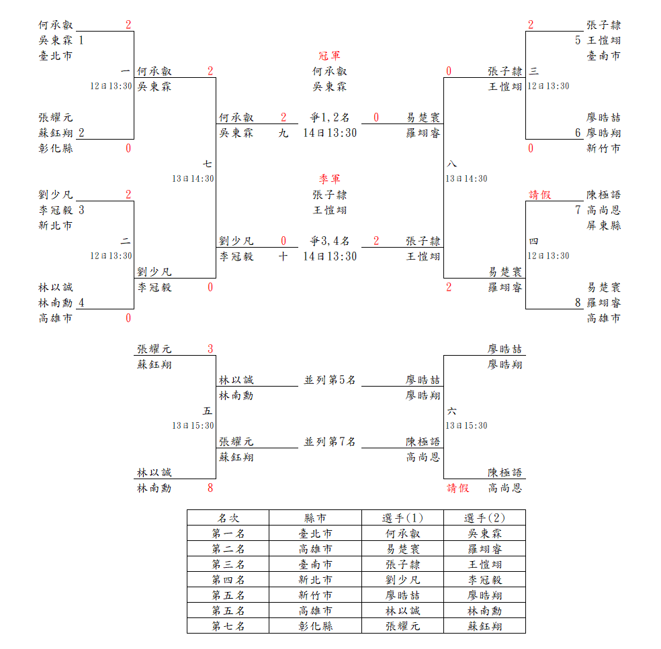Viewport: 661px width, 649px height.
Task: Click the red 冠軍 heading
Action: click(329, 56)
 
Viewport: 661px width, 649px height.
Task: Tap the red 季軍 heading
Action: click(329, 179)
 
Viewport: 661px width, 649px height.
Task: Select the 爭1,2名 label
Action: click(329, 117)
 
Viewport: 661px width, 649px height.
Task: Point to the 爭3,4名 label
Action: click(329, 241)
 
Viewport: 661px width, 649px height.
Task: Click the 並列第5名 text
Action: click(329, 381)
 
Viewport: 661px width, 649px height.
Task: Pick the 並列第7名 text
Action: click(329, 442)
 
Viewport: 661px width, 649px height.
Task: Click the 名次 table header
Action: click(228, 518)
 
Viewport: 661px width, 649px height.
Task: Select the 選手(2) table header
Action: click(484, 518)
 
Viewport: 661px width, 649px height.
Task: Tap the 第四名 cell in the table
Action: click(228, 580)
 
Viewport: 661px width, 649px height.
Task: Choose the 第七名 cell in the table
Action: click(228, 626)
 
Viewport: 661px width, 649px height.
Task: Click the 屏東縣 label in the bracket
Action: click(603, 226)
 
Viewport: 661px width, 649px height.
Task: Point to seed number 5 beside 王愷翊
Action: click(578, 40)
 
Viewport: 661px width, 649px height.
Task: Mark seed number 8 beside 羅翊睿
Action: click(578, 303)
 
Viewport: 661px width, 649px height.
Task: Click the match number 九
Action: click(283, 133)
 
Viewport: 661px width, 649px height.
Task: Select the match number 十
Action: click(283, 256)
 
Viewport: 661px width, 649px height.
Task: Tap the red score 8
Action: click(210, 489)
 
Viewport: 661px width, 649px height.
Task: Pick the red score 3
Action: click(210, 349)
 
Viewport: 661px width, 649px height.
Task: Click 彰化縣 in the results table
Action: click(315, 626)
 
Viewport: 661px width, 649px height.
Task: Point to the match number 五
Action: click(208, 411)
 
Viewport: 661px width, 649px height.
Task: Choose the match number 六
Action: click(451, 411)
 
